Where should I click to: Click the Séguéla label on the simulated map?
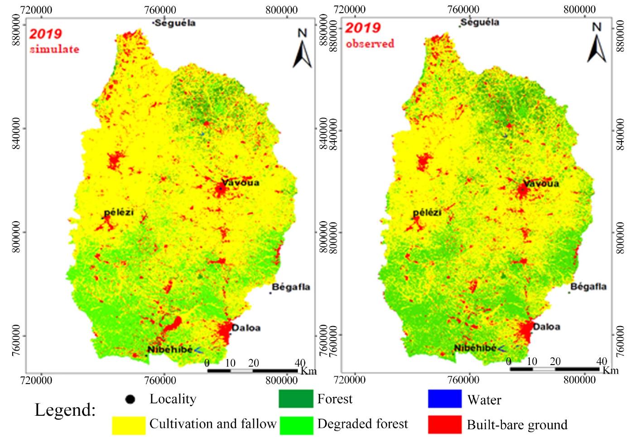coord(175,23)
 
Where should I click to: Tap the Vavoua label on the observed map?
coord(541,184)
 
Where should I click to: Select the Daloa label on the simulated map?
coord(246,328)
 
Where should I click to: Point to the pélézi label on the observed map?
coord(427,212)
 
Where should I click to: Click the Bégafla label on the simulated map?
coord(291,287)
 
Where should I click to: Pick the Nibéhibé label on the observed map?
coord(475,348)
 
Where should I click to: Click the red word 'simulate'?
coord(54,49)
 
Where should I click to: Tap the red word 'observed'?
coord(370,44)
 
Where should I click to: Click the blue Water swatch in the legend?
coord(444,399)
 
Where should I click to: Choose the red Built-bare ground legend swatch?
coord(444,424)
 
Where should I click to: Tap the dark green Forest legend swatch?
coord(296,399)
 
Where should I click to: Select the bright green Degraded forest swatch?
coord(296,424)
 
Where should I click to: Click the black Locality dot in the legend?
coord(130,399)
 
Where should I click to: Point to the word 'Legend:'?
coord(65,410)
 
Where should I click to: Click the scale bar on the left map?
coord(252,370)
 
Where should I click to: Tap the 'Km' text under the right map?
coord(610,370)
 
